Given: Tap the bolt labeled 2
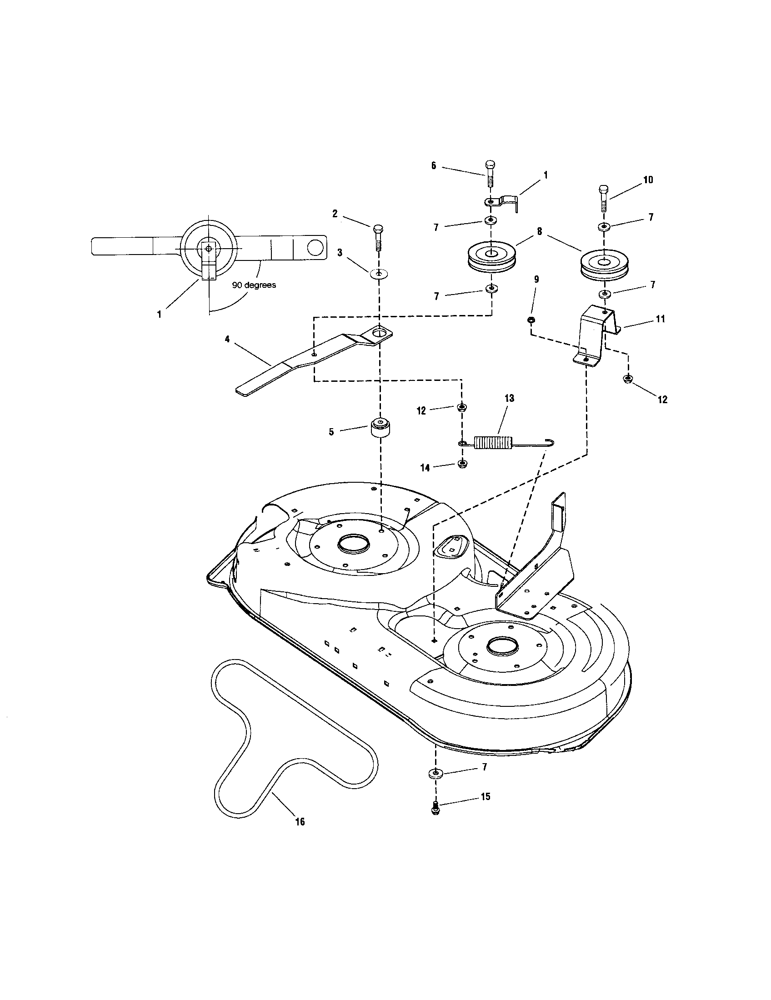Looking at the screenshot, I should (x=379, y=237).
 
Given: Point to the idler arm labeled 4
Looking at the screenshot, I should (x=380, y=428).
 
